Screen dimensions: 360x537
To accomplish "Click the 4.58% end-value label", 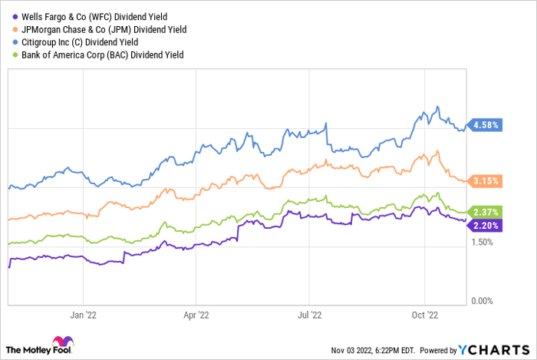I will click(486, 124).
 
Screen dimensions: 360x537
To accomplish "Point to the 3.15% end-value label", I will click(486, 181).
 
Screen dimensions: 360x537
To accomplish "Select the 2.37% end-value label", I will click(486, 212).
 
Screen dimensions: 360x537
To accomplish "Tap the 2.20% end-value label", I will click(486, 225).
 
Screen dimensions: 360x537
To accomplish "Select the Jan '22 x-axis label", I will click(83, 314).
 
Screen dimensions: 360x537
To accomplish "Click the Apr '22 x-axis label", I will click(196, 314).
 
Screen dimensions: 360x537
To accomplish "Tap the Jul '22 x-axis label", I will click(309, 314).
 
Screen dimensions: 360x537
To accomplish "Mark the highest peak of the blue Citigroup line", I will click(437, 107).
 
